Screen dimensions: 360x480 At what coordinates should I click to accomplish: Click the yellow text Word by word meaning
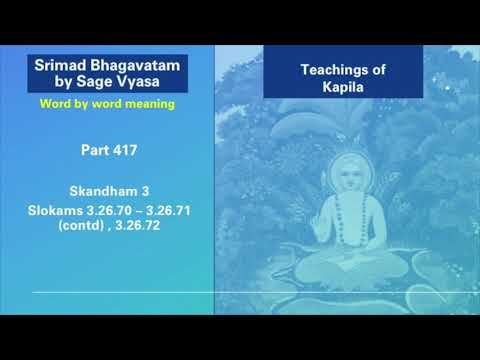pyautogui.click(x=108, y=102)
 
